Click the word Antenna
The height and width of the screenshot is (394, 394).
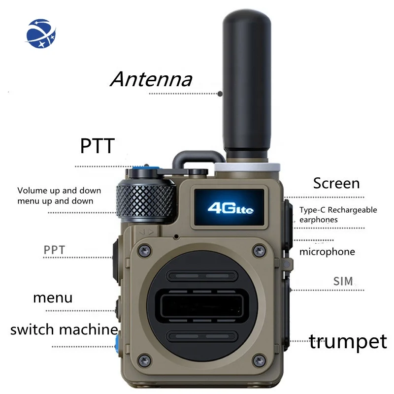[x=151, y=79]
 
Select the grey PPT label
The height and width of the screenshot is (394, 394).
[x=54, y=249]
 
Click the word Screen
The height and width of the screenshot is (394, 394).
[x=336, y=184]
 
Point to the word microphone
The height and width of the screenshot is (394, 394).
[x=327, y=252]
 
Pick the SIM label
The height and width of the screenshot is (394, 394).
[x=343, y=281]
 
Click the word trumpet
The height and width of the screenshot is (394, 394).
[x=348, y=341]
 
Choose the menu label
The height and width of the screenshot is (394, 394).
[x=53, y=297]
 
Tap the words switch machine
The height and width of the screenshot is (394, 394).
[x=64, y=329]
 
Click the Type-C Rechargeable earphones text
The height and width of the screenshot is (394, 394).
[x=338, y=215]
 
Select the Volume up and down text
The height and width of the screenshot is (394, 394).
[x=59, y=191]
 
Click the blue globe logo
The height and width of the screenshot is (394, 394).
[x=42, y=33]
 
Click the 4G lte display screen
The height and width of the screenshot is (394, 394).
[x=230, y=208]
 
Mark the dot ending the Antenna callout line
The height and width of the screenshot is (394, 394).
[x=220, y=93]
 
